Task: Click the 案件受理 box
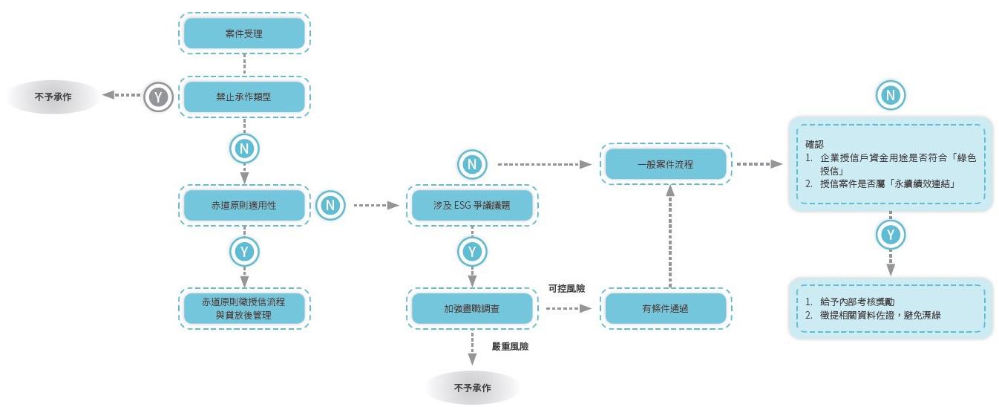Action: tap(244, 33)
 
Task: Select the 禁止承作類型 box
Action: tap(244, 97)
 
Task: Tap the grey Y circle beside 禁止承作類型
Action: tap(157, 96)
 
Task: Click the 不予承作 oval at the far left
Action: tap(53, 97)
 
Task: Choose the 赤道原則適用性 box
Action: tap(244, 204)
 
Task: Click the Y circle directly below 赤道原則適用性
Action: tap(243, 251)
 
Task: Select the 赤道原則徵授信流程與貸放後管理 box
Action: tap(244, 308)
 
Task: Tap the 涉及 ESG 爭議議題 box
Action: tap(472, 204)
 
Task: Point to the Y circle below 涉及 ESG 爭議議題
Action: tap(472, 251)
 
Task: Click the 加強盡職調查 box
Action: tap(472, 308)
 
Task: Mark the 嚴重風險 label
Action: tap(510, 347)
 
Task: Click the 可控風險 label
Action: tap(566, 288)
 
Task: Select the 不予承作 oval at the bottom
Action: tap(473, 388)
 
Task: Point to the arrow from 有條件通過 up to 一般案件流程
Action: tap(670, 236)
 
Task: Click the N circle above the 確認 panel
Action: tap(890, 95)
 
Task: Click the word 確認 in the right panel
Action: tap(815, 144)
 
